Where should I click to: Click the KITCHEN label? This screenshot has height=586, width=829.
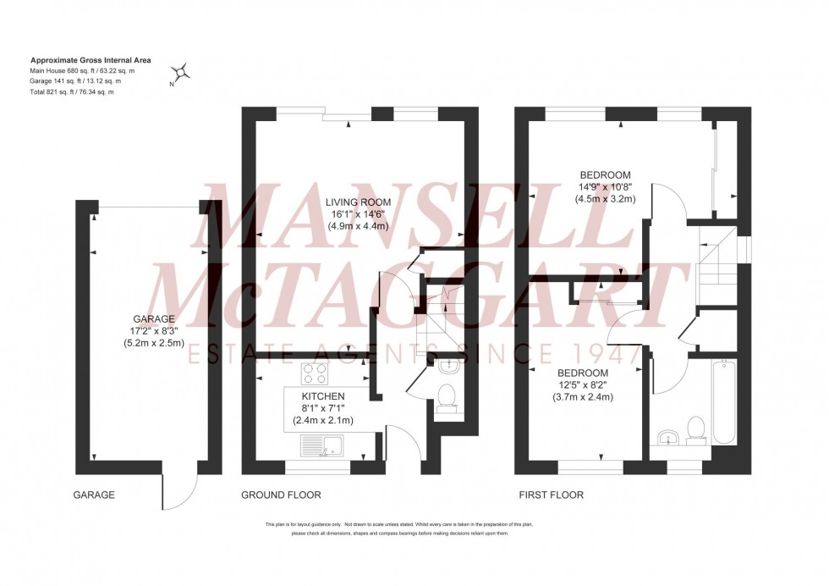323,395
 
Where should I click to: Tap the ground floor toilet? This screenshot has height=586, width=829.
446,396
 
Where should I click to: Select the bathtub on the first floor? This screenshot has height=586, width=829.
724,402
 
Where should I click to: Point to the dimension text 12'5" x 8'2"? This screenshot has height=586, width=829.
582,384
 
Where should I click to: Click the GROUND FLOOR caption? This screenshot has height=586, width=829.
281,495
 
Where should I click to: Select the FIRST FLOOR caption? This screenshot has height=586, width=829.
551,495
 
